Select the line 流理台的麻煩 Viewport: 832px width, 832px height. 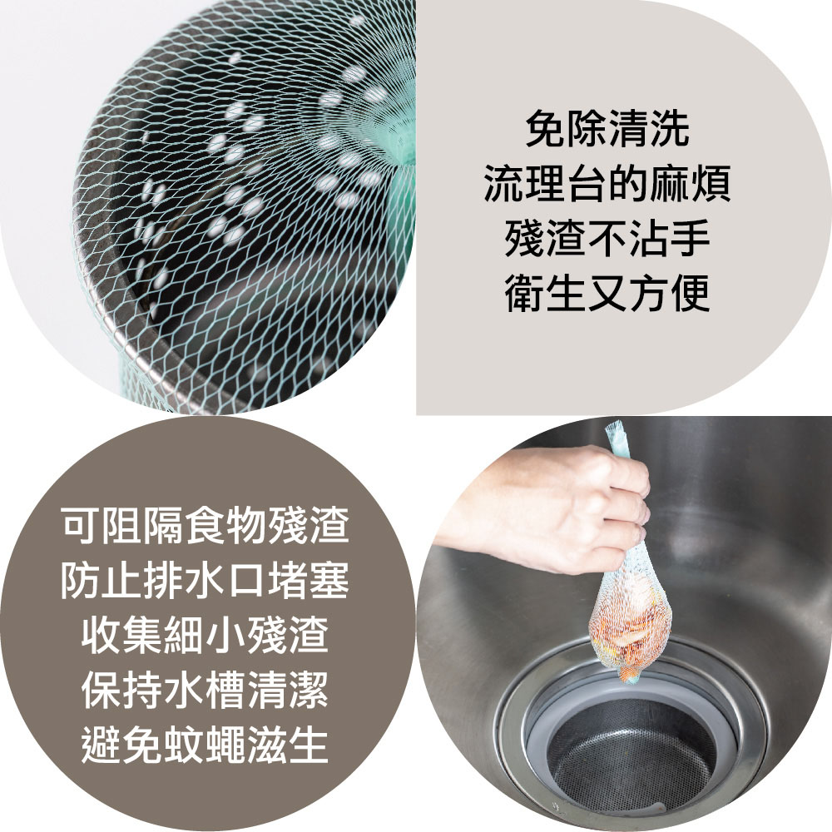tap(607, 184)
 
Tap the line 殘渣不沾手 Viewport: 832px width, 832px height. tap(607, 239)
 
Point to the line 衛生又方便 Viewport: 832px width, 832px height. tap(607, 294)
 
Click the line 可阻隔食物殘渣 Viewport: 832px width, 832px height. tap(206, 525)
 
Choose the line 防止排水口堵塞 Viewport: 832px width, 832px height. tap(206, 580)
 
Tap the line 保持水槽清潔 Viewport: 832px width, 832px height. tap(206, 691)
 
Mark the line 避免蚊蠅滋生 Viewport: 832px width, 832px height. tap(206, 745)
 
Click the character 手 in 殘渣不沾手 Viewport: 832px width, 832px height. tap(691, 239)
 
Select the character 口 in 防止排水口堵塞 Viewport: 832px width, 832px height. tap(247, 580)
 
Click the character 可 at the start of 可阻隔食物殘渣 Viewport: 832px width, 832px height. tap(82, 525)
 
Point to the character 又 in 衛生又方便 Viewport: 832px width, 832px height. tap(607, 294)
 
